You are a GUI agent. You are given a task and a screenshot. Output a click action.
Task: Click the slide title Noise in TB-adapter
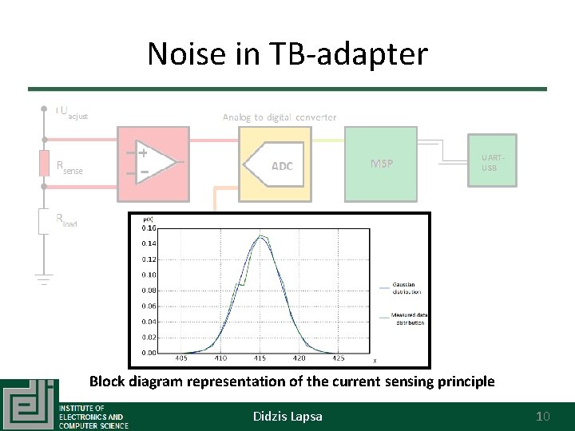point(287,53)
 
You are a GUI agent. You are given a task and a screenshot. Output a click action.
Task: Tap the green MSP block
point(381,164)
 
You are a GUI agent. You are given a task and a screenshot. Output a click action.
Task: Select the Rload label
point(65,219)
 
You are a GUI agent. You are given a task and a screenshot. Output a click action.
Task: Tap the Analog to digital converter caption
point(280,117)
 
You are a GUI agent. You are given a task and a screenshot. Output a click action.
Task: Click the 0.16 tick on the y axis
point(149,229)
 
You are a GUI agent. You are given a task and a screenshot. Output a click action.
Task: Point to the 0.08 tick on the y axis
point(149,291)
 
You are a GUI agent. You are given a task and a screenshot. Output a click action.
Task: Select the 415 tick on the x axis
point(260,358)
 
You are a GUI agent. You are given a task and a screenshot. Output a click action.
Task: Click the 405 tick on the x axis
point(181,358)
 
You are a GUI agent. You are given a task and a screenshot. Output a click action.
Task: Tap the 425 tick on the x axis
point(339,358)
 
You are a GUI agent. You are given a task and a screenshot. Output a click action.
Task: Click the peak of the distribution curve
point(260,236)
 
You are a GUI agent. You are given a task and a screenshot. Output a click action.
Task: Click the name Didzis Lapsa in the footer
point(287,416)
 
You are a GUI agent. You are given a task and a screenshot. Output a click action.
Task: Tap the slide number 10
point(543,416)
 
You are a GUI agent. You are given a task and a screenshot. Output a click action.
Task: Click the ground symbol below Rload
point(43,280)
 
